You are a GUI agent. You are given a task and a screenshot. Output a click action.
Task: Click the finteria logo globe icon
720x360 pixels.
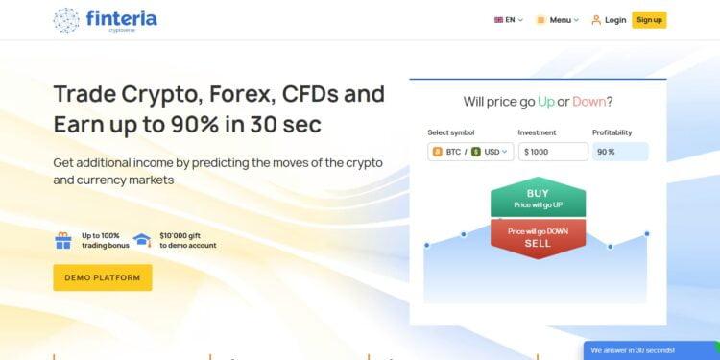point(67,19)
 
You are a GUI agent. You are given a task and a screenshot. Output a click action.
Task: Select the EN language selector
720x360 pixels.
point(508,19)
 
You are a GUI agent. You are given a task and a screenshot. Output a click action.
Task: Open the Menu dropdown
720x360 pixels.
point(558,19)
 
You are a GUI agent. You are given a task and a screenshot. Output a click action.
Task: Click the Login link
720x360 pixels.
point(609,19)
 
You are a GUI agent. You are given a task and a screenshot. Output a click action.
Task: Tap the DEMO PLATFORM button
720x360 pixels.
point(102,277)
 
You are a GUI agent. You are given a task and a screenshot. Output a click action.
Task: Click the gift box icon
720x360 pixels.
point(63,240)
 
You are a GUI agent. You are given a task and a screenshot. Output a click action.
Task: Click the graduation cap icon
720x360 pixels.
point(142,240)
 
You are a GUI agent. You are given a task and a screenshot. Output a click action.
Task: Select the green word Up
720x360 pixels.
point(546,102)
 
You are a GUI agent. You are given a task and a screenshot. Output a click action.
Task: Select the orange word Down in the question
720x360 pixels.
point(589,102)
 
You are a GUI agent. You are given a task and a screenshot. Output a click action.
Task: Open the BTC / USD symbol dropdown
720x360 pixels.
point(470,152)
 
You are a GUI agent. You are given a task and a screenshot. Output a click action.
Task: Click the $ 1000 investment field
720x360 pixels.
point(552,152)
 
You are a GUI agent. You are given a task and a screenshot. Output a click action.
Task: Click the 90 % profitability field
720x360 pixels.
point(619,152)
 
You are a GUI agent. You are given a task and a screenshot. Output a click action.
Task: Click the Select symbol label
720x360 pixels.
point(451,132)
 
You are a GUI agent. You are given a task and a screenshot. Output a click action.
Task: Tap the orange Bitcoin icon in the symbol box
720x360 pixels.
point(438,152)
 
